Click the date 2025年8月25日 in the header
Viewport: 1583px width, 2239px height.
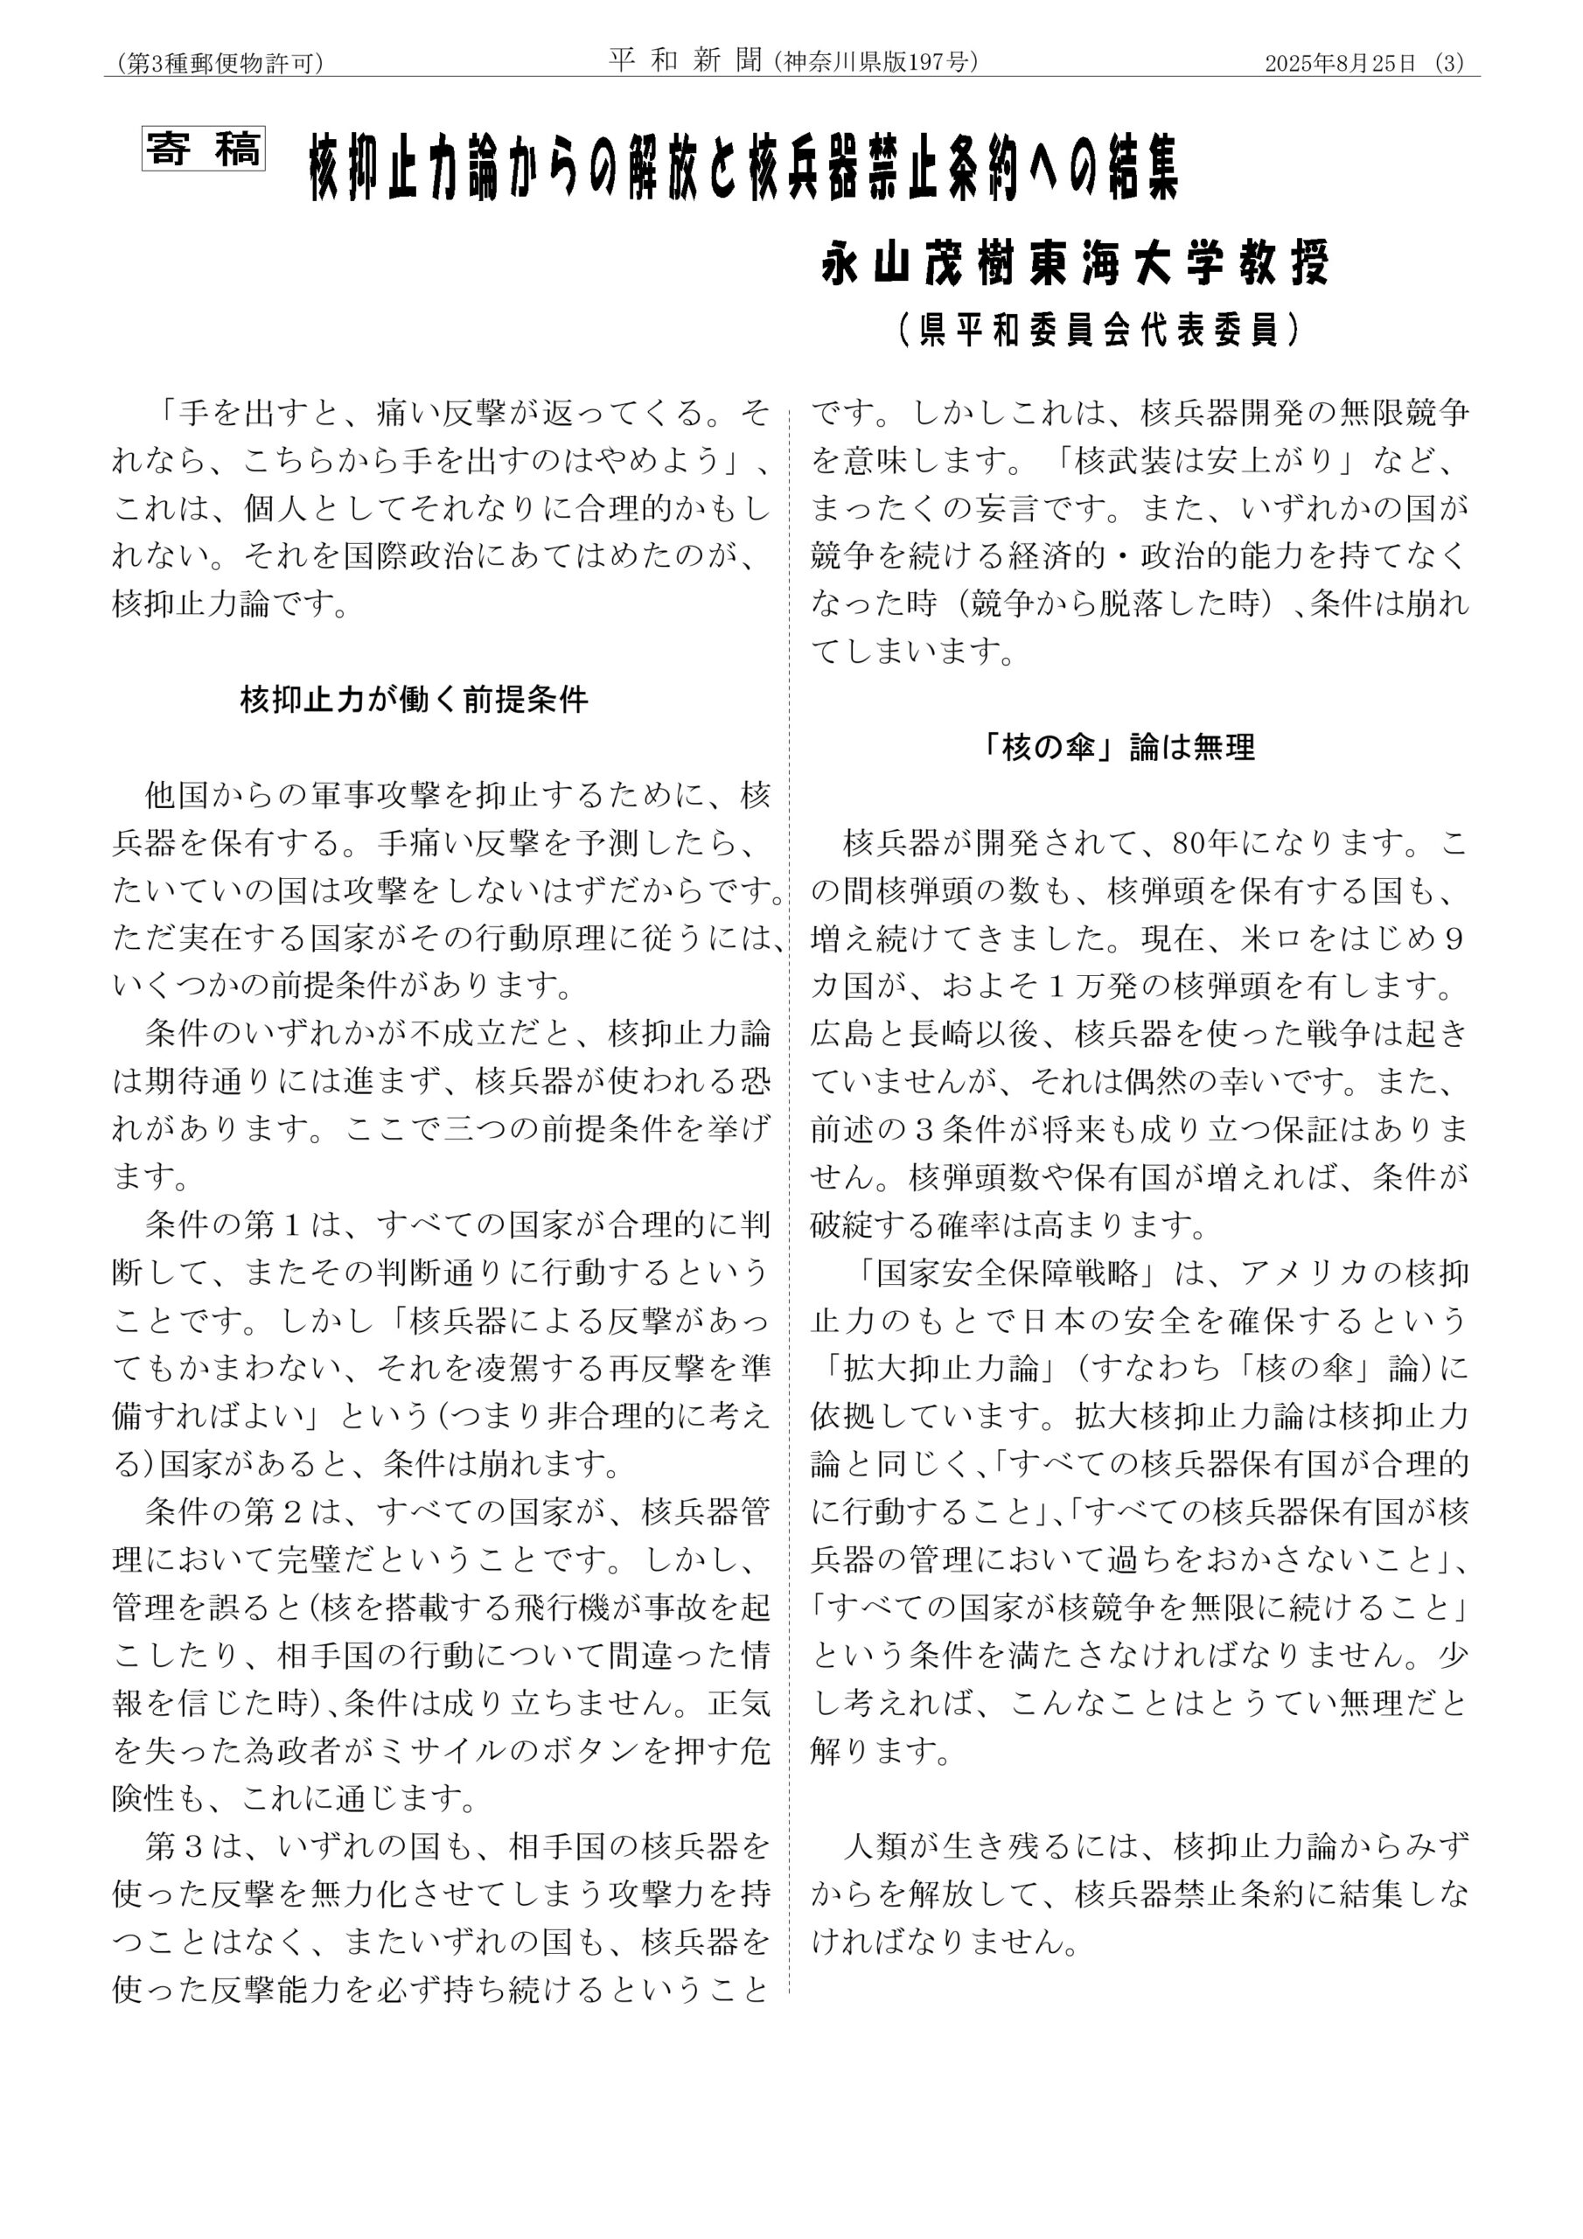(1339, 63)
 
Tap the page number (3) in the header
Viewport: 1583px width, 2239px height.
(1450, 63)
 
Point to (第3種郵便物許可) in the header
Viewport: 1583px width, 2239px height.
(220, 63)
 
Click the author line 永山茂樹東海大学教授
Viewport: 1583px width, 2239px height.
(1075, 262)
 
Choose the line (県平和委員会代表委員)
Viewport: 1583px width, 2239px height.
(1099, 331)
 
